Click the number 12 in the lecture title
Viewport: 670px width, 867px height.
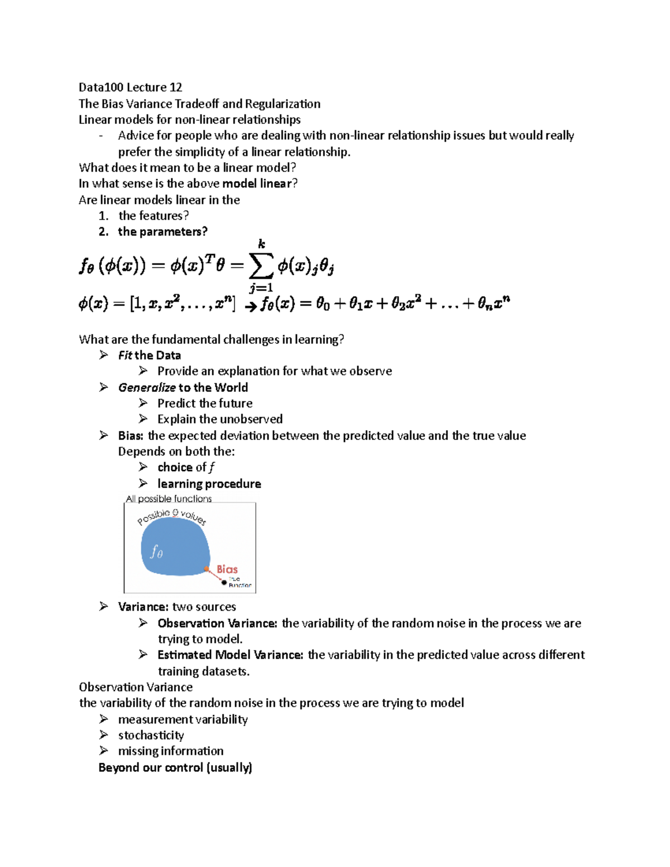pos(175,87)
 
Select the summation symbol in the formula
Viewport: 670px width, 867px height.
pos(261,266)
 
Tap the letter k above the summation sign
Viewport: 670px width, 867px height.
pos(261,243)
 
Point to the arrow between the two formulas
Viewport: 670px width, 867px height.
pos(251,306)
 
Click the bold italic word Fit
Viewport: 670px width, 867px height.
pos(125,356)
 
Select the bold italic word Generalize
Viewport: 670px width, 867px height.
pos(147,387)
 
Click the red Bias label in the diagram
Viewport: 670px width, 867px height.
pos(227,569)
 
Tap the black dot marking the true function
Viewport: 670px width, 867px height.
pos(224,583)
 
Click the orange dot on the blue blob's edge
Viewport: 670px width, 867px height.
pos(207,569)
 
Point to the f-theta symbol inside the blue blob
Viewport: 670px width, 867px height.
pos(157,552)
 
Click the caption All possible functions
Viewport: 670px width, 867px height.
pos(169,499)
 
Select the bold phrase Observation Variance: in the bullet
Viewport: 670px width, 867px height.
pos(217,624)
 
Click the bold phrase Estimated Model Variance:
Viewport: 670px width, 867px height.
pos(230,655)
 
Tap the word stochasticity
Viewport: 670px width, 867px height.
pos(151,735)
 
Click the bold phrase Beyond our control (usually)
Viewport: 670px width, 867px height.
pos(175,768)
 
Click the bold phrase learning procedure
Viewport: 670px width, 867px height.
pos(209,484)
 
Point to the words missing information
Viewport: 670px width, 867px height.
pos(170,751)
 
